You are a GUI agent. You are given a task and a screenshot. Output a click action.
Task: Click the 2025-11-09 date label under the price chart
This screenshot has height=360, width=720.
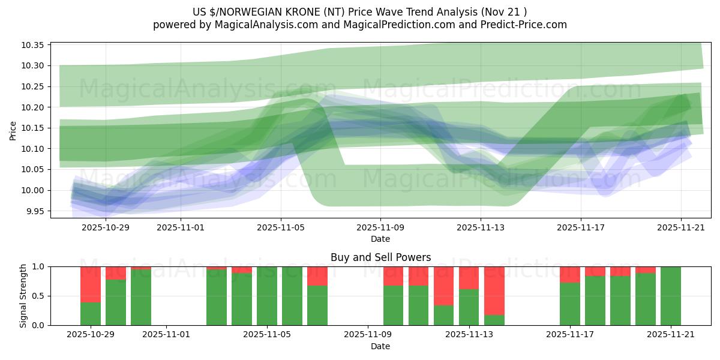380,228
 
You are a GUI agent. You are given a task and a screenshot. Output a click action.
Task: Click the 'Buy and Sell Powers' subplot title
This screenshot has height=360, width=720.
380,257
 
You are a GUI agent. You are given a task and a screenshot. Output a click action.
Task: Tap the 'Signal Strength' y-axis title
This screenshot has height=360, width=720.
23,296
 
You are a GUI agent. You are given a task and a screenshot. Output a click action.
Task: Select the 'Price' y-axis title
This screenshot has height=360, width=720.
13,130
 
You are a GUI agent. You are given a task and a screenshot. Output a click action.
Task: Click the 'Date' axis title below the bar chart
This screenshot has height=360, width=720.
380,346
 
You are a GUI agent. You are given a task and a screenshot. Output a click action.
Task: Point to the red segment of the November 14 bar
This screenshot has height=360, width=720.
494,290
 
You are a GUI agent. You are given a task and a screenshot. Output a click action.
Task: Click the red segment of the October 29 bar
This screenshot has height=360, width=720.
91,284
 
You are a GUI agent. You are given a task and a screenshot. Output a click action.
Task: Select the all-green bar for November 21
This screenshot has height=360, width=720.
671,296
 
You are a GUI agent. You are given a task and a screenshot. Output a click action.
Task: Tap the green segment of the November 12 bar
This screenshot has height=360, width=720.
444,315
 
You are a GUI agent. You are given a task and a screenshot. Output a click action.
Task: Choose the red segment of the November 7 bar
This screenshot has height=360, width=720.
317,276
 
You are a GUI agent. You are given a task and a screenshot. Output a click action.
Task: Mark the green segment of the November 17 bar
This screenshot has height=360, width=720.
570,304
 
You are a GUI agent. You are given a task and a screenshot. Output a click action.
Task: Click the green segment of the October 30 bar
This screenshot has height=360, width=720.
116,302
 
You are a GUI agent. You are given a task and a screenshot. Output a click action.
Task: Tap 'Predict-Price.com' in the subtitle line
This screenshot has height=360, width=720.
521,25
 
